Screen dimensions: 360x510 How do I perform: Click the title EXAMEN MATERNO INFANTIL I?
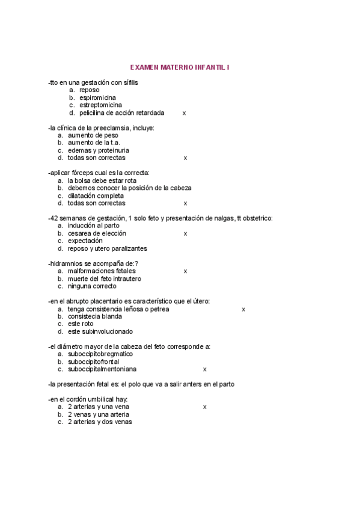click(x=180, y=68)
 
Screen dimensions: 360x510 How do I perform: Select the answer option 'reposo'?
click(x=89, y=90)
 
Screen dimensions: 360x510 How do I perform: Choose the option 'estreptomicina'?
click(x=100, y=105)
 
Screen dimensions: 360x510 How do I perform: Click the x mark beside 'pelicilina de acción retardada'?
click(x=184, y=113)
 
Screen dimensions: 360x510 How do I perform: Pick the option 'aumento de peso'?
click(x=93, y=135)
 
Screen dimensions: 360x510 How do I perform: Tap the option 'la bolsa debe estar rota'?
click(x=102, y=180)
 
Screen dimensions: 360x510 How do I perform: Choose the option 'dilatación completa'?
click(x=96, y=195)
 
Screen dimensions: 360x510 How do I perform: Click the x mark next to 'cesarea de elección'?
click(x=185, y=233)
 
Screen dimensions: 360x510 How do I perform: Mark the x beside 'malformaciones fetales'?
click(x=185, y=271)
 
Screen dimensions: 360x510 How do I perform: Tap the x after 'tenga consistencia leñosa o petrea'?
click(x=243, y=309)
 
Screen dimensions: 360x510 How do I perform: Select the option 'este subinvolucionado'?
click(x=100, y=331)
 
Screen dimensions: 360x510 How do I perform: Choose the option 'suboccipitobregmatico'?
click(x=100, y=354)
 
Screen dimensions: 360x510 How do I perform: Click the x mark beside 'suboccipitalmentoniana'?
click(x=205, y=369)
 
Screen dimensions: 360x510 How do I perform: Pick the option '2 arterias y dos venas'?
click(x=100, y=422)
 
